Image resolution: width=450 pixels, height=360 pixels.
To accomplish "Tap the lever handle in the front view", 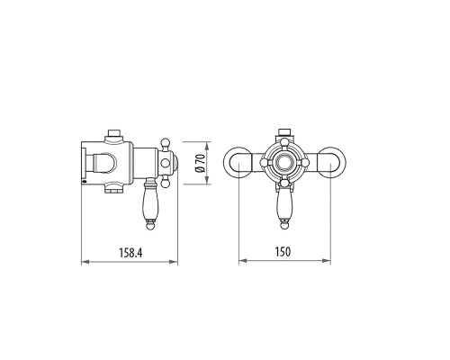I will pyautogui.click(x=286, y=207).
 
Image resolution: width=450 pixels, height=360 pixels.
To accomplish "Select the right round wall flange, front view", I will pyautogui.click(x=334, y=162).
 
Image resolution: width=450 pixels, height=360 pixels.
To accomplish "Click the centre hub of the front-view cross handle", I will pyautogui.click(x=286, y=163).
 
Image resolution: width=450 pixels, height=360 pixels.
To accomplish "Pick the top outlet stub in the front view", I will pyautogui.click(x=286, y=133).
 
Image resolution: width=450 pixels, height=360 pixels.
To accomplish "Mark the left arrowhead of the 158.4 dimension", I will pyautogui.click(x=84, y=263).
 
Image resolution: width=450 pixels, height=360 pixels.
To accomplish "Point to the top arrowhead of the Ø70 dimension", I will pyautogui.click(x=208, y=143).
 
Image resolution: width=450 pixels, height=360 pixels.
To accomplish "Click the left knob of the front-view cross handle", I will pyautogui.click(x=265, y=163).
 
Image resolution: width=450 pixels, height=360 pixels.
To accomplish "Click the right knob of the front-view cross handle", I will pyautogui.click(x=307, y=163).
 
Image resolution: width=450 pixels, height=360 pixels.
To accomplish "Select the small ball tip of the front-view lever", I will pyautogui.click(x=286, y=224).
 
